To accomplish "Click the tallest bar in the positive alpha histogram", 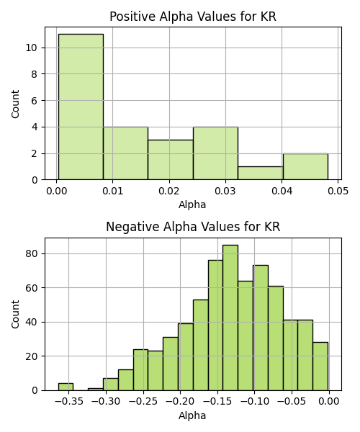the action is (81, 107).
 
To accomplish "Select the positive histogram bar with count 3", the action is (171, 160).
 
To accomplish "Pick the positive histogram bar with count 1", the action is (261, 173).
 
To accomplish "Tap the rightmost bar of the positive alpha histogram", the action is (305, 167).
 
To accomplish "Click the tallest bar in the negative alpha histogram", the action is (230, 318).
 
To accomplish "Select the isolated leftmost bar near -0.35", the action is (66, 387).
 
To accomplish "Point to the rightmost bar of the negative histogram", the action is (320, 366).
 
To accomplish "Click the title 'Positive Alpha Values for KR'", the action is (193, 17).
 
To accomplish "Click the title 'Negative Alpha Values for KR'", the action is (193, 227).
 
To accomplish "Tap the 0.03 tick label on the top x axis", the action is (225, 191).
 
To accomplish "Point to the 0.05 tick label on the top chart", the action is (338, 191).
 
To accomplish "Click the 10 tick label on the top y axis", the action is (32, 48).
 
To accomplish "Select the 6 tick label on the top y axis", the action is (34, 101).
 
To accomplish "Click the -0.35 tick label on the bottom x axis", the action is (68, 402).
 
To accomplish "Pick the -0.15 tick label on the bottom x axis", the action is (217, 402).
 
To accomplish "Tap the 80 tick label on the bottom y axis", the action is (32, 253).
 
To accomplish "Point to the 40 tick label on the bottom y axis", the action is (32, 322).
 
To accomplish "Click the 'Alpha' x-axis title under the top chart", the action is (192, 205).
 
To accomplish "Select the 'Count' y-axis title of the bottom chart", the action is (15, 315).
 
